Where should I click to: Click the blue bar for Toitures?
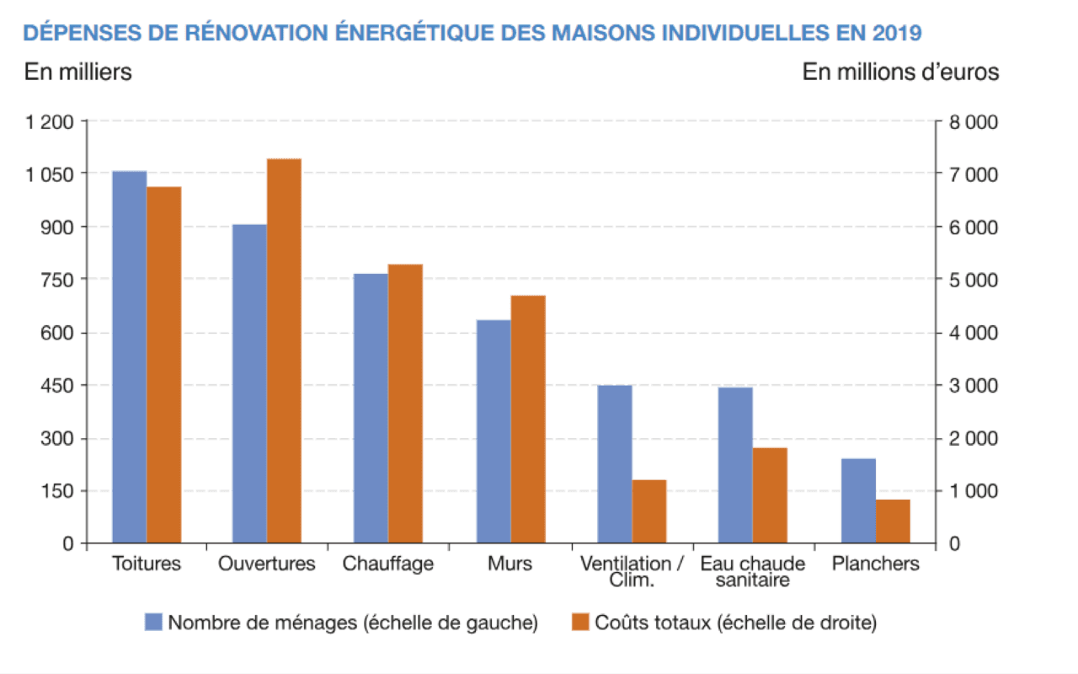pos(129,357)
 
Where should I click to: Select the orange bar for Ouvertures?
pos(284,350)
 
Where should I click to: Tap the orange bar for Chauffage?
pos(405,404)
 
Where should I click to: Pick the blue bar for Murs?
pos(494,431)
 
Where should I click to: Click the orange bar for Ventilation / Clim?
pos(649,511)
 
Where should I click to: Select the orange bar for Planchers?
pos(893,522)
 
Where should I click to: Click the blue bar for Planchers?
pos(858,500)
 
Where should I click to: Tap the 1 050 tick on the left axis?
pos(52,174)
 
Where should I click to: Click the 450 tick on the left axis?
pos(59,386)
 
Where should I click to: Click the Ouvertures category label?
pos(266,564)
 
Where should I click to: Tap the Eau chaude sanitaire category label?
pos(753,572)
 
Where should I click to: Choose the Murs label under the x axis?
pos(510,564)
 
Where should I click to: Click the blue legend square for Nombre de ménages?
pos(153,623)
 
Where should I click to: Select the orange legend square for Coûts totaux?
pos(579,623)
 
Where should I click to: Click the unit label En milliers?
pos(78,72)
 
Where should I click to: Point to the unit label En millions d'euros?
pos(900,72)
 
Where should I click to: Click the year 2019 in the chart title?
pos(898,33)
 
